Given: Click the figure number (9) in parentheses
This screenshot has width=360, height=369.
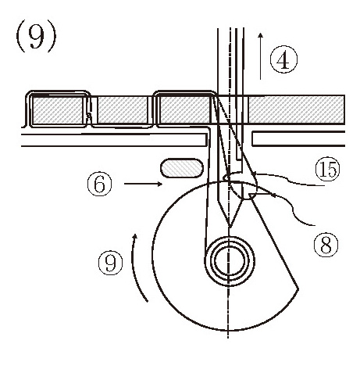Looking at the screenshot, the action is [x=36, y=36].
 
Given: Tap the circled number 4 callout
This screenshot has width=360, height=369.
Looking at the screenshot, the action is [x=283, y=60].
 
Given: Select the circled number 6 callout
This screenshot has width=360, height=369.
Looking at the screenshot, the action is [x=99, y=184].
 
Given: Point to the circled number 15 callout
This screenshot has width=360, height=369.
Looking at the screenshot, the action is [x=327, y=170].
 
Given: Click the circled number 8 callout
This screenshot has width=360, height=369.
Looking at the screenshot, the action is [x=326, y=245].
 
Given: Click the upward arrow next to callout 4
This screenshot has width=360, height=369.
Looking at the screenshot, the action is [x=261, y=56].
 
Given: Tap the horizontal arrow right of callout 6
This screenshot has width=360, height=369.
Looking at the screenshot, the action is [x=143, y=184].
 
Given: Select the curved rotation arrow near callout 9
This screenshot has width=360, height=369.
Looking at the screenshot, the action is [x=137, y=267].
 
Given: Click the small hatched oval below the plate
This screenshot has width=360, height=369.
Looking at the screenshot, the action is [x=182, y=168].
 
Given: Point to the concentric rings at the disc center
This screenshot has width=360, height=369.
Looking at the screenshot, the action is [x=229, y=261].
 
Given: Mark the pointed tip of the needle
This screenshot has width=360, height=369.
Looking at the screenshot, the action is [x=230, y=227].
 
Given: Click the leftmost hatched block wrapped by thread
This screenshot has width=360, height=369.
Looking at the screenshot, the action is [x=58, y=109].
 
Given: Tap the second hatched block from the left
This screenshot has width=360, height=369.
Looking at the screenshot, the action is [x=123, y=109].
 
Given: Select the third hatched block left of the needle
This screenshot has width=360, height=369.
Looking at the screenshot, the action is [x=185, y=109].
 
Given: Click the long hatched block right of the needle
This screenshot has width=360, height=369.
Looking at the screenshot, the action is [x=296, y=109].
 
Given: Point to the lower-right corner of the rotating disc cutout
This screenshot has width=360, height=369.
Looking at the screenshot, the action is [x=298, y=288].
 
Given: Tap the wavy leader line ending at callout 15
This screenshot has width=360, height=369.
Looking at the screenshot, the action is [x=289, y=180].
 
